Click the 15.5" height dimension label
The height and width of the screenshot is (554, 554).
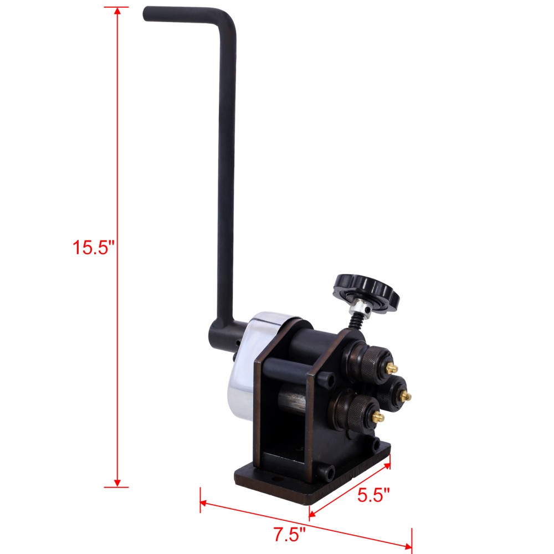pos(93,247)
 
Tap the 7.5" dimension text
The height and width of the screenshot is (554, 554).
pos(289,535)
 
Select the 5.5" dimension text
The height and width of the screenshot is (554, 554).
pos(373,495)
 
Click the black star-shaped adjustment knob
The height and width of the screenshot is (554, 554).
pos(366,291)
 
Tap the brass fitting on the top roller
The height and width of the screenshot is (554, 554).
pos(392,368)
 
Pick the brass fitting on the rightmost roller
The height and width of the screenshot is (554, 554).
pos(407,396)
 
